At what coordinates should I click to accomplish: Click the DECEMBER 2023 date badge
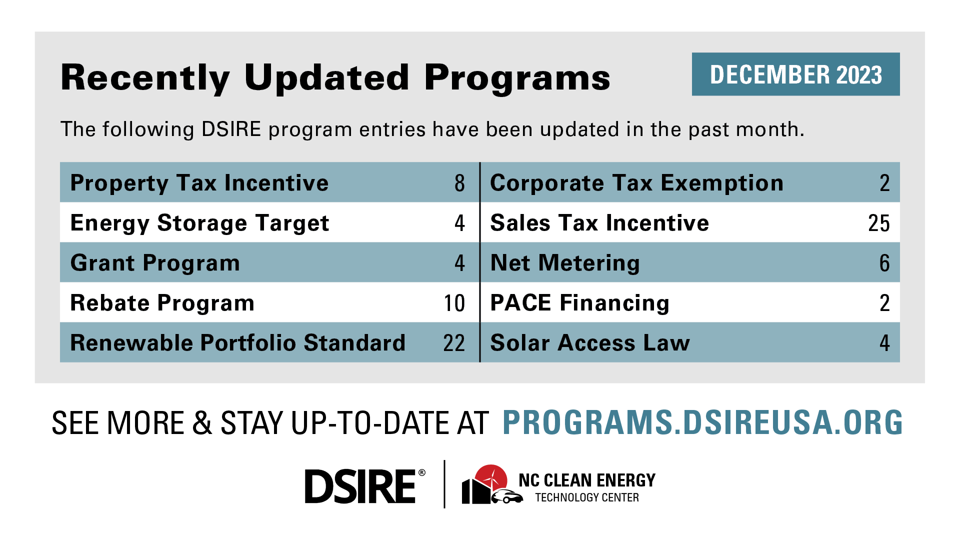click(x=795, y=74)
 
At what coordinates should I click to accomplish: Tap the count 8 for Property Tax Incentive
click(x=459, y=183)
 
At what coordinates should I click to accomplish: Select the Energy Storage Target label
click(x=199, y=223)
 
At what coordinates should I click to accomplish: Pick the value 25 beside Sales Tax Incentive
click(x=878, y=223)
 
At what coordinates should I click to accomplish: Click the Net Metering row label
click(x=565, y=263)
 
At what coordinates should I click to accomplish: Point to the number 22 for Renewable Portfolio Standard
click(x=454, y=343)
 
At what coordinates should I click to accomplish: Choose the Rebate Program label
click(x=162, y=303)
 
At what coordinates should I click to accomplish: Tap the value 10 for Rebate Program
click(x=454, y=303)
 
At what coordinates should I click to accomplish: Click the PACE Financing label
click(x=580, y=303)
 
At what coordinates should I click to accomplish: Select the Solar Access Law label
click(x=590, y=343)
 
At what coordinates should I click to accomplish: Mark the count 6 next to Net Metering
click(x=884, y=263)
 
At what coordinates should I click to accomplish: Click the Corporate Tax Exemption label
click(x=637, y=183)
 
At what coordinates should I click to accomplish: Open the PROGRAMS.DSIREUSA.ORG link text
click(x=702, y=422)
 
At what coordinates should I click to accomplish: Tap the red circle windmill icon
click(x=491, y=478)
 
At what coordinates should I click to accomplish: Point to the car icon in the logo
click(x=507, y=497)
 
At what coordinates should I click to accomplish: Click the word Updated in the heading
click(x=327, y=78)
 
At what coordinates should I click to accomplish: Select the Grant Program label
click(x=155, y=263)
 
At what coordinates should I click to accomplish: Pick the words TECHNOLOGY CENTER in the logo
click(x=587, y=497)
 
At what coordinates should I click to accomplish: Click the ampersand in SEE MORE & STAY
click(x=202, y=423)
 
